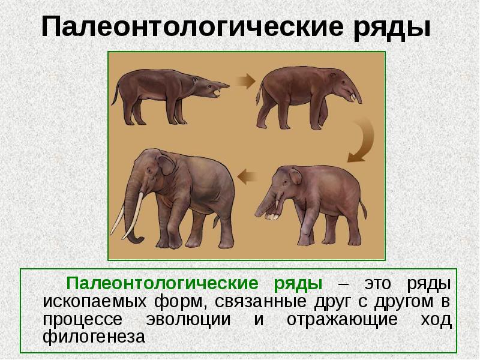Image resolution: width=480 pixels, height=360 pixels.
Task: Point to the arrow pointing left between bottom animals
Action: click(248, 176)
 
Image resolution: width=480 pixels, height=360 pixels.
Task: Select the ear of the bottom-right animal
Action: click(296, 177)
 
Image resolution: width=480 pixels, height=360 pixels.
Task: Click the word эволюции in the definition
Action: click(191, 320)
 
